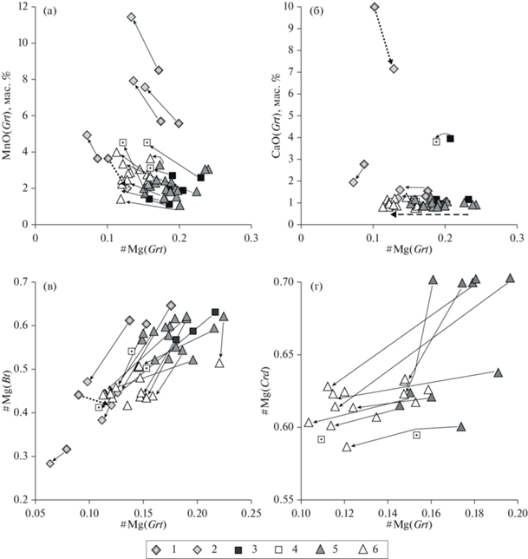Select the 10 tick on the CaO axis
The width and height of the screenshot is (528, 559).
277,7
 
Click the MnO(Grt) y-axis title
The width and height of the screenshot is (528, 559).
8,113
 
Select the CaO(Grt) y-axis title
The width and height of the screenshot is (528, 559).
264,113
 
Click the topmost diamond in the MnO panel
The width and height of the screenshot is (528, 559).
131,17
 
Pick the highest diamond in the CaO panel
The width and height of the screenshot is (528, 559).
374,7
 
